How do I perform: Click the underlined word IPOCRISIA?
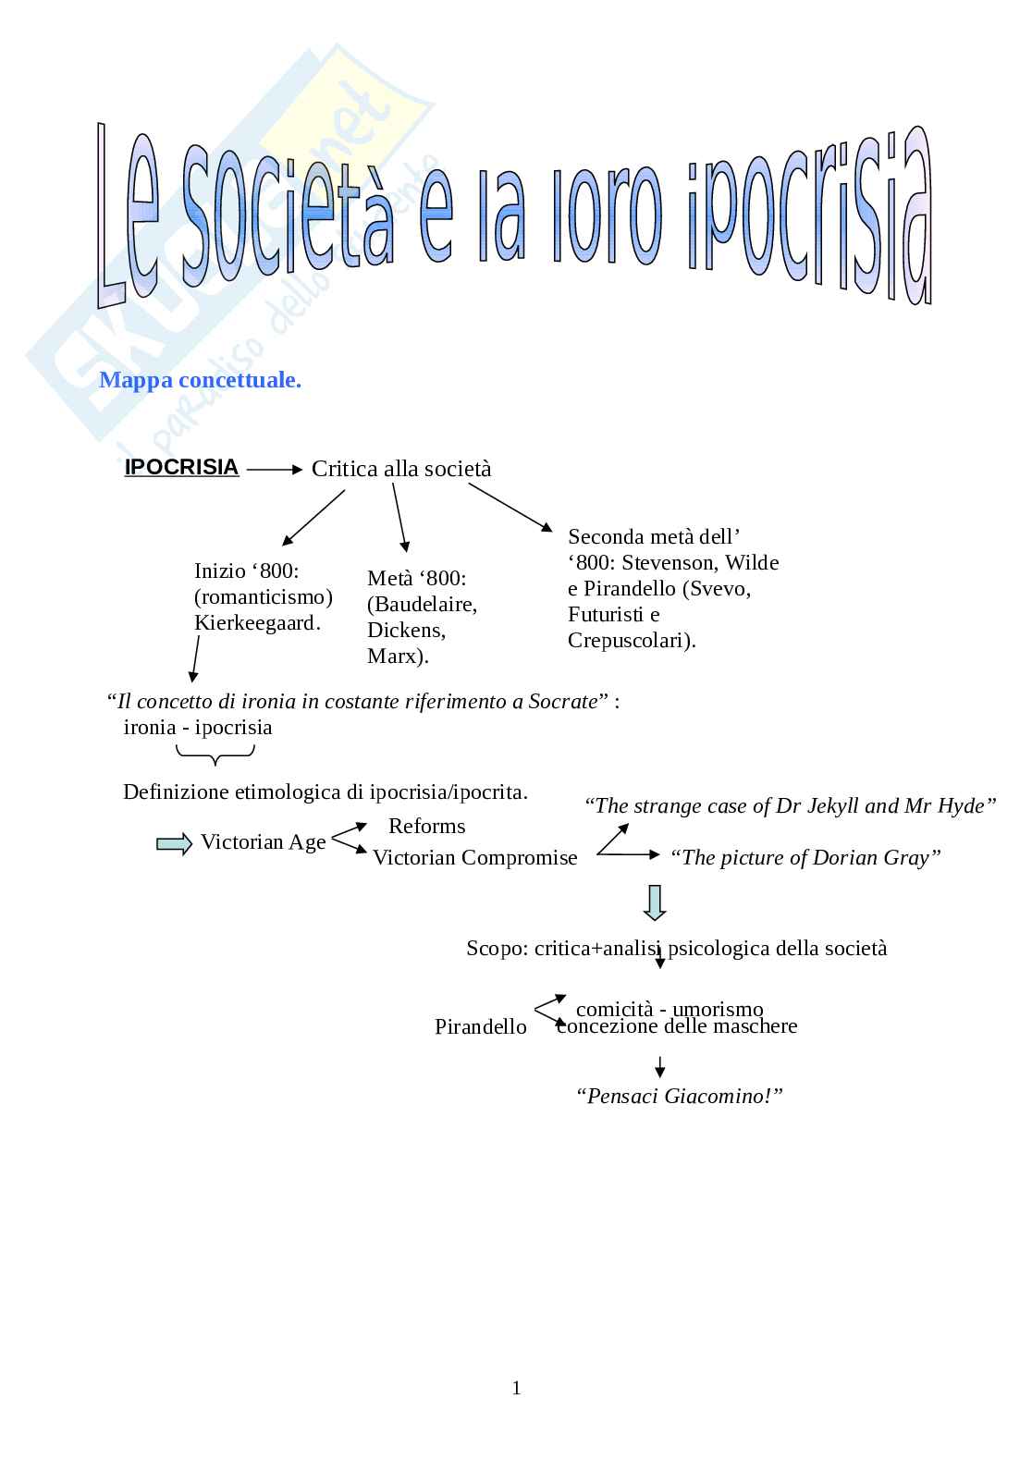click(x=181, y=468)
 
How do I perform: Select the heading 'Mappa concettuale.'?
click(x=200, y=380)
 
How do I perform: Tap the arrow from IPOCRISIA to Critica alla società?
click(x=275, y=470)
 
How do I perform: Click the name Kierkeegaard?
click(x=257, y=623)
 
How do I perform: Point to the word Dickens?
click(x=406, y=631)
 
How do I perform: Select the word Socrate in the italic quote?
click(x=562, y=702)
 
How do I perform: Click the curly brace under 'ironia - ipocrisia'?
click(x=215, y=757)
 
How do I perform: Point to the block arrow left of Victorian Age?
click(x=174, y=843)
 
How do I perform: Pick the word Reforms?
click(x=426, y=826)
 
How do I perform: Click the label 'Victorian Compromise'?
click(x=474, y=858)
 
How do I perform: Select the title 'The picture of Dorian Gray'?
click(x=805, y=858)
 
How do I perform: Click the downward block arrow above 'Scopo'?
click(x=655, y=902)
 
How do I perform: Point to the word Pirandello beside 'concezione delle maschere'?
click(x=480, y=1027)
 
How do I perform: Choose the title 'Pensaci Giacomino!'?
click(x=679, y=1097)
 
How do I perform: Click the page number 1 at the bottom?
click(x=516, y=1388)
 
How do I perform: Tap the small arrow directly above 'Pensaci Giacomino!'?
click(x=659, y=1067)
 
